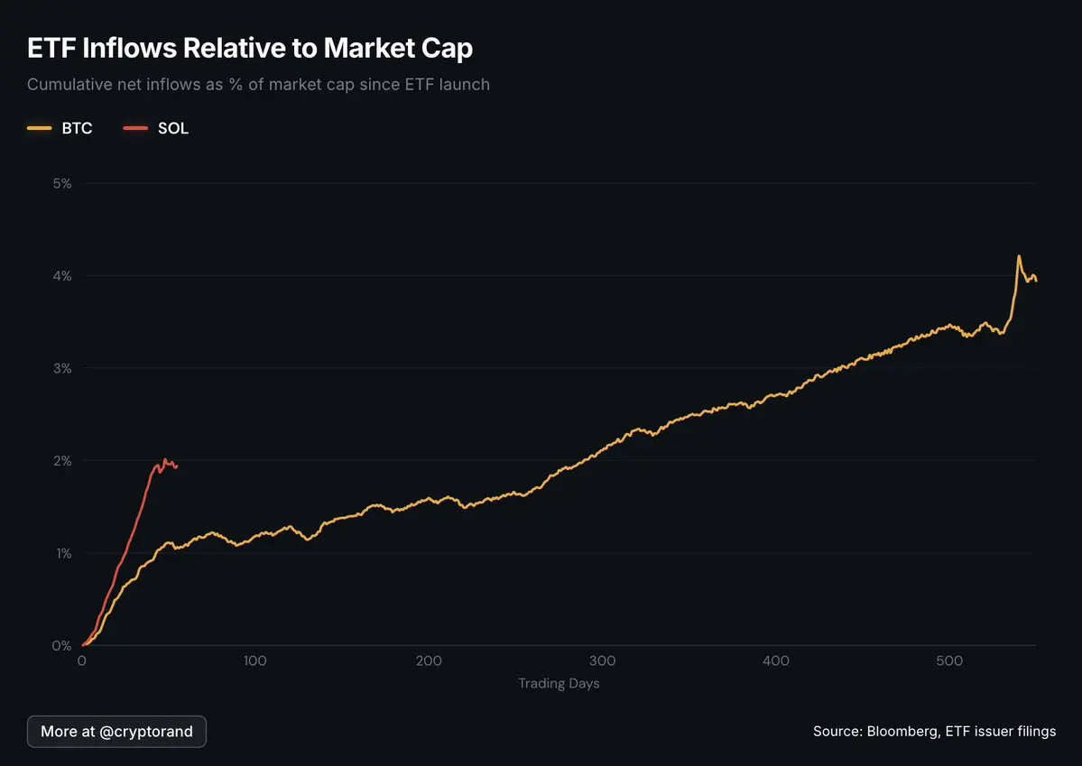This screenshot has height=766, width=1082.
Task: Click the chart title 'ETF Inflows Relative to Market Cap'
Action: tap(250, 48)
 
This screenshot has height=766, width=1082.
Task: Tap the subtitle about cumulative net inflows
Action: tap(258, 85)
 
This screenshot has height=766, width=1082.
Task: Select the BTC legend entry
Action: tap(60, 128)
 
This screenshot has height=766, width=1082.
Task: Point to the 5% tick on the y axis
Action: tap(62, 183)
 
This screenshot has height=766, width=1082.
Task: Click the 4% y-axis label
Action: tap(62, 275)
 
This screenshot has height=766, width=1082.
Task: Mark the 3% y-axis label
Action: tap(62, 368)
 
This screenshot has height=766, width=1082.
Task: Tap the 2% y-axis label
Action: tap(62, 460)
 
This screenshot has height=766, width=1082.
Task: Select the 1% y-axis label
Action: tap(62, 553)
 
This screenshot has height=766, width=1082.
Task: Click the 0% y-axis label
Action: tap(62, 645)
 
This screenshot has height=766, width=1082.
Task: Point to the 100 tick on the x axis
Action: tap(255, 661)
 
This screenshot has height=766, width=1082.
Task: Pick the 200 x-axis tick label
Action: tap(429, 661)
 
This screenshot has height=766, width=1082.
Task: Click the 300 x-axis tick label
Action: tap(602, 661)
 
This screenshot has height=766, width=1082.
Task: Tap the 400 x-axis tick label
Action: tap(776, 661)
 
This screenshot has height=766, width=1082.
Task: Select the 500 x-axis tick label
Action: tap(949, 661)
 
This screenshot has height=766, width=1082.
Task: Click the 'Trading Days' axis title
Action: tap(559, 683)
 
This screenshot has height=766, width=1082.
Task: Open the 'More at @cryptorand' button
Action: tap(116, 731)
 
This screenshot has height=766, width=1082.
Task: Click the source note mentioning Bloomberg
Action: tap(934, 731)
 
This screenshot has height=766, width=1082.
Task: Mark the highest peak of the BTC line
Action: tap(1019, 256)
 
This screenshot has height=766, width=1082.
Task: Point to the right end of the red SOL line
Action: tap(177, 466)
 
